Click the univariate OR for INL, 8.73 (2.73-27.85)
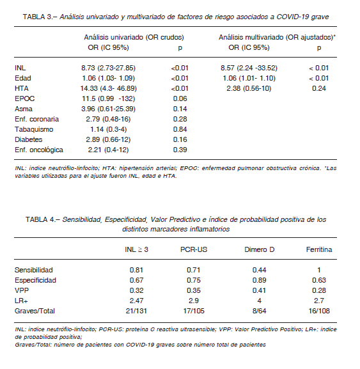[x=109, y=68]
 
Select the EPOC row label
[x=25, y=98]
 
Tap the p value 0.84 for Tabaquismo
[x=180, y=129]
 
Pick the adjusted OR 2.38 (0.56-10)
[x=249, y=88]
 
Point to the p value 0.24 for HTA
[x=319, y=88]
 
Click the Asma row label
[x=24, y=109]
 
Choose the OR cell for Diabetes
[x=108, y=139]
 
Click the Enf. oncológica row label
[x=39, y=150]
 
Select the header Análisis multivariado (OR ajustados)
[x=276, y=37]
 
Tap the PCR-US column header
[x=194, y=249]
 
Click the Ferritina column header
[x=319, y=249]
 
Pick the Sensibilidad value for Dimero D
[x=260, y=270]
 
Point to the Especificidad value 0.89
[x=260, y=280]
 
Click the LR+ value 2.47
[x=136, y=301]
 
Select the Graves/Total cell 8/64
[x=260, y=311]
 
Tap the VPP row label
[x=22, y=290]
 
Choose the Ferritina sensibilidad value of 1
[x=319, y=270]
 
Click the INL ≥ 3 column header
[x=136, y=249]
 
